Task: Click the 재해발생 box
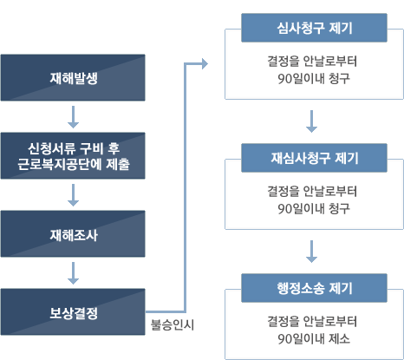(73, 78)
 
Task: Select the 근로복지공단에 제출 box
(73, 156)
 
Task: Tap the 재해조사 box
(73, 234)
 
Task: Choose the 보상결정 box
(73, 312)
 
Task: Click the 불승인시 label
(173, 325)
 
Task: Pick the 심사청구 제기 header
(314, 28)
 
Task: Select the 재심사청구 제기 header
(314, 158)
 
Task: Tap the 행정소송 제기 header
(314, 288)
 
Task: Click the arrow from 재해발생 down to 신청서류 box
(73, 117)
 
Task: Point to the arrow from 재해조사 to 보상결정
(73, 273)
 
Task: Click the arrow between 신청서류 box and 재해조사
(73, 195)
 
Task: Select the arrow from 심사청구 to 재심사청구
(311, 121)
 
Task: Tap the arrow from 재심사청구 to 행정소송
(311, 252)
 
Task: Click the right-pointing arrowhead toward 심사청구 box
(205, 63)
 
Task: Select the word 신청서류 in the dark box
(51, 148)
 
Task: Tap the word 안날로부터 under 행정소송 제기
(329, 322)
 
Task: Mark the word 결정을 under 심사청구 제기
(283, 62)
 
